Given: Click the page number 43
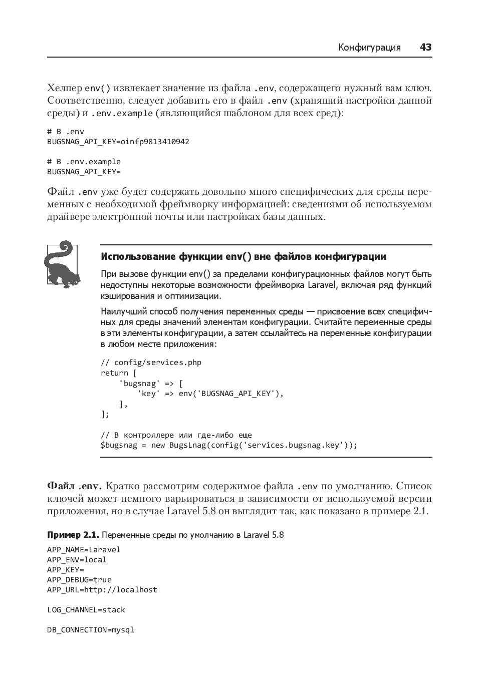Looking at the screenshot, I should coord(425,48).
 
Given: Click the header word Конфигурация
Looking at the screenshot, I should coord(369,48).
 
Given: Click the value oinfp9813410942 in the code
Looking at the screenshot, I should coord(155,142).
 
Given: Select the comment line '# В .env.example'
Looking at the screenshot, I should coord(84,162).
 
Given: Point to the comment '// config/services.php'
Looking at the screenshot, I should coord(151,363).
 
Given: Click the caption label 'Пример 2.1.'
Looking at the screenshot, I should coord(73,535).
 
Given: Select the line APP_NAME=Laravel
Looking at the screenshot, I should coord(84,550).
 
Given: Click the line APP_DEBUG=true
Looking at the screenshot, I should coord(79,580).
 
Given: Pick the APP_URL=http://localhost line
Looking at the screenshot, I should coord(102,590).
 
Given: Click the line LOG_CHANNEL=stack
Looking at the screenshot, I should coord(86,610).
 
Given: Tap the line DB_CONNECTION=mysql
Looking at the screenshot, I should coord(91,630).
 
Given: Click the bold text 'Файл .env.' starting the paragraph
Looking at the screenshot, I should coord(74,486).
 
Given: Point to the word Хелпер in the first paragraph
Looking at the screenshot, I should coord(65,89).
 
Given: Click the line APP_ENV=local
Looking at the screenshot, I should coord(77,560).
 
